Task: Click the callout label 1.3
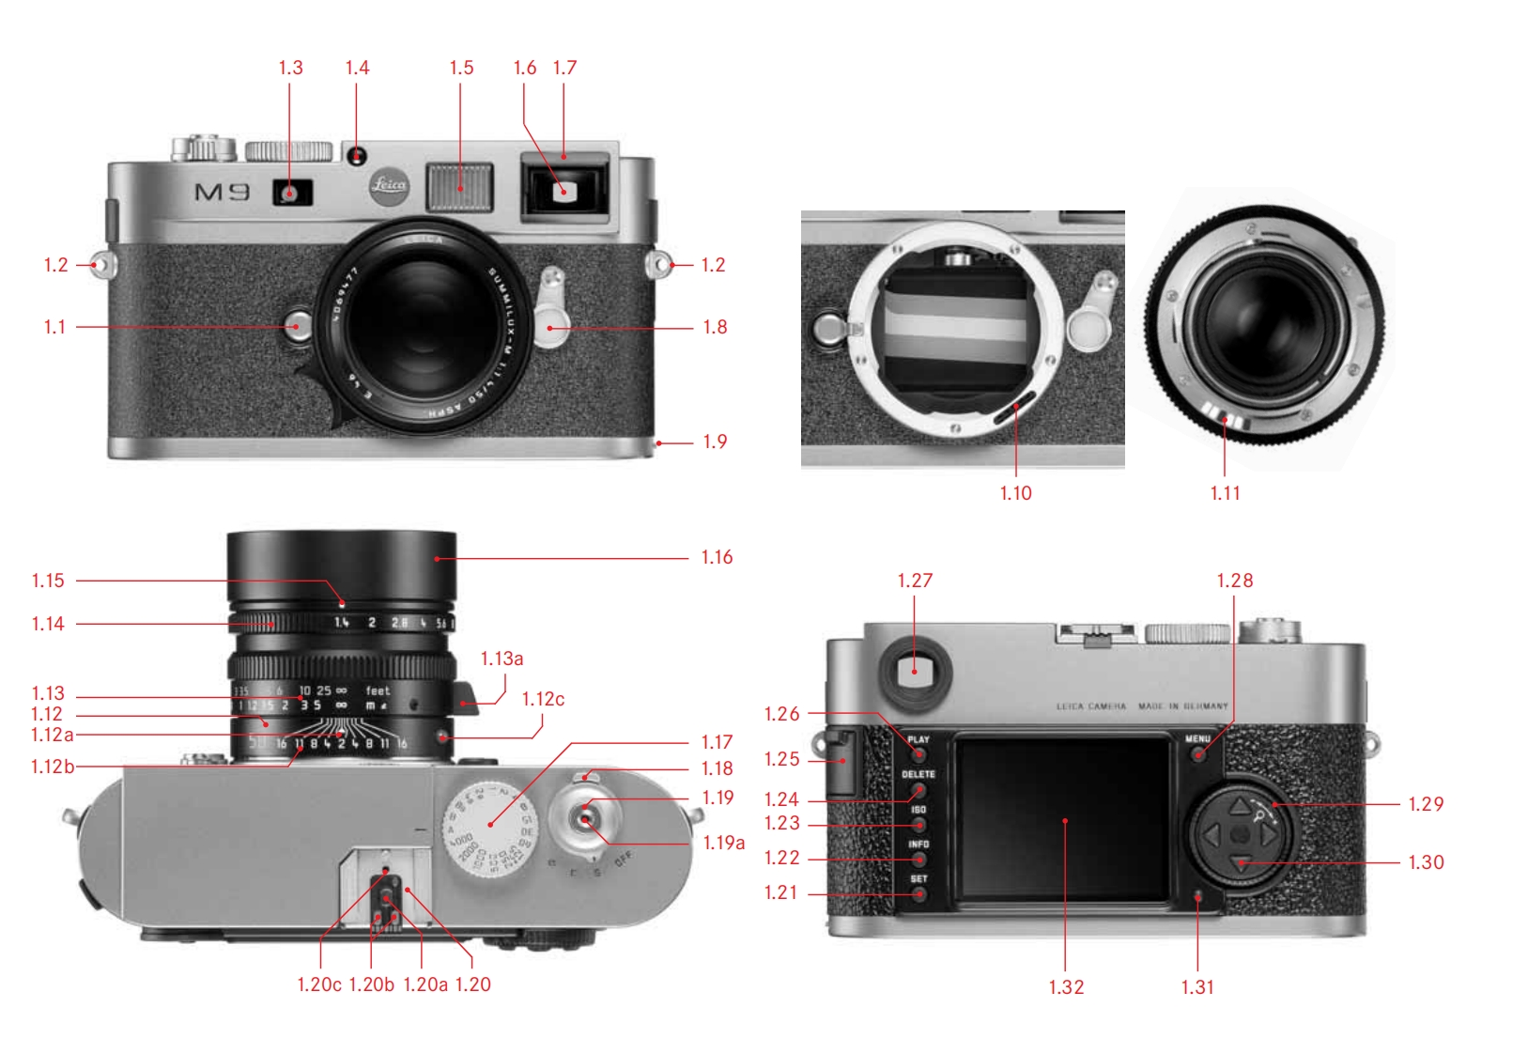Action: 290,68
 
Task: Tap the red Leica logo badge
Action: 388,184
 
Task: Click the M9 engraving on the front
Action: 223,193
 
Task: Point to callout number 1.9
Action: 715,442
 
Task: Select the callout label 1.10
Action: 1015,493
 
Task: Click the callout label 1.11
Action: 1225,493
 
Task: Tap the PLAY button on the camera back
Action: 918,753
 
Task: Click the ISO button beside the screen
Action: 918,824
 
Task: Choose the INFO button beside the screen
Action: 918,859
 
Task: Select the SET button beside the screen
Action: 918,893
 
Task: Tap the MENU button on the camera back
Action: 1197,752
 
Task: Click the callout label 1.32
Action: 1066,987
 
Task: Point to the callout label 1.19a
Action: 724,844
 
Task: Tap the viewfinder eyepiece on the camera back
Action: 914,670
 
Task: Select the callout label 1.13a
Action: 502,659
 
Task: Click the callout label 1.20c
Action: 319,984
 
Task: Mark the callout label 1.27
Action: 915,581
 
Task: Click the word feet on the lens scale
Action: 378,690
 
